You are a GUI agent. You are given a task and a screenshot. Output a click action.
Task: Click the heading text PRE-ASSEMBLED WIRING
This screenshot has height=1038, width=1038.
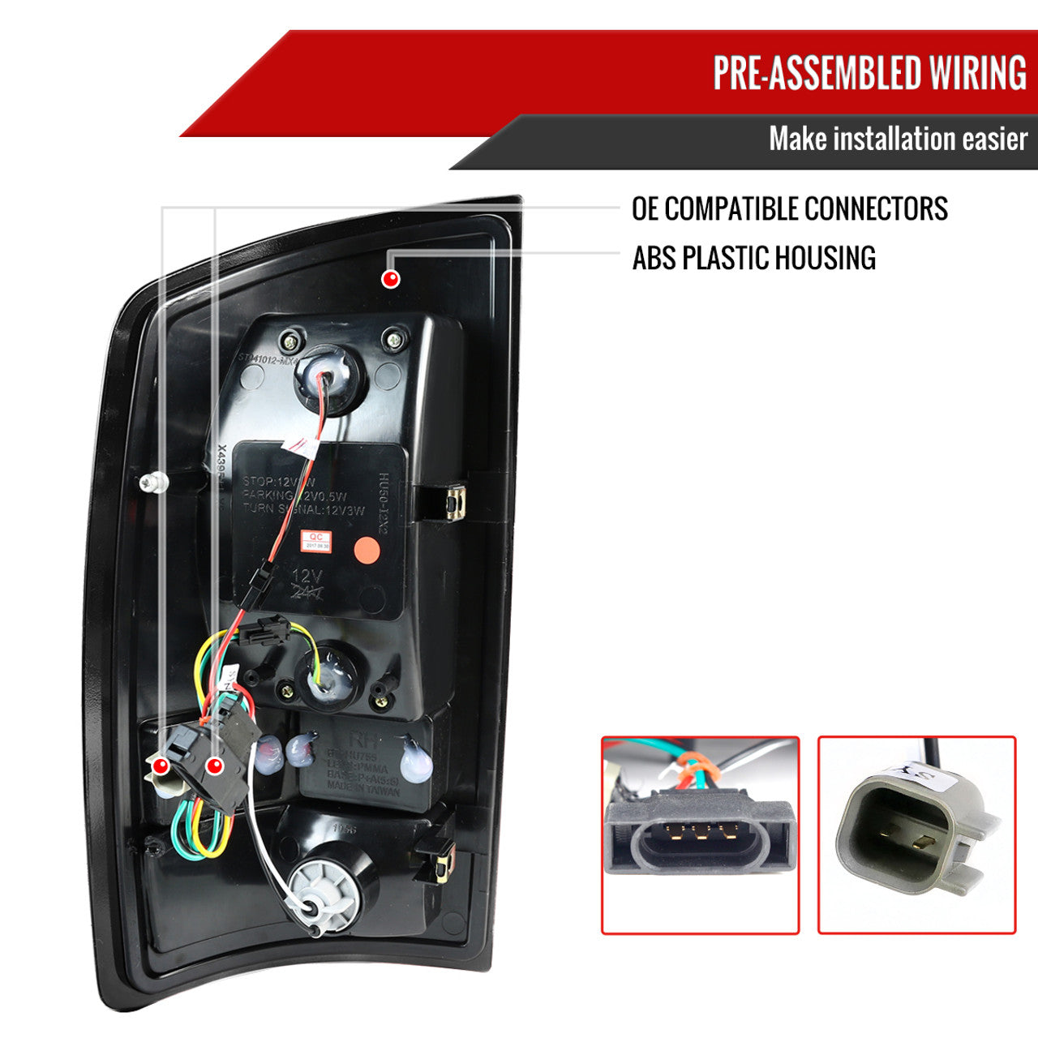pyautogui.click(x=869, y=73)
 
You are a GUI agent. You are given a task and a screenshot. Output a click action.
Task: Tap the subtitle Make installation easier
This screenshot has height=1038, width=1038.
pyautogui.click(x=898, y=139)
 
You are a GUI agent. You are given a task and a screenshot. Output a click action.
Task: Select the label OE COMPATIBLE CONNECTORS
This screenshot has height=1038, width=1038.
pyautogui.click(x=789, y=208)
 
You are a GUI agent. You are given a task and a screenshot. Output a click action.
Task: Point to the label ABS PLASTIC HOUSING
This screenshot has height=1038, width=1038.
pyautogui.click(x=753, y=258)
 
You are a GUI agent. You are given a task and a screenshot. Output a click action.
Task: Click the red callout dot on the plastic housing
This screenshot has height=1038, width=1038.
pyautogui.click(x=391, y=279)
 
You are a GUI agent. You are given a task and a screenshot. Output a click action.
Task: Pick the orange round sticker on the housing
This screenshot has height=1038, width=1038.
pyautogui.click(x=368, y=551)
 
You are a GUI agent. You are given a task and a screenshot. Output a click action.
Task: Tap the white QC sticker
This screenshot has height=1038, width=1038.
pyautogui.click(x=316, y=541)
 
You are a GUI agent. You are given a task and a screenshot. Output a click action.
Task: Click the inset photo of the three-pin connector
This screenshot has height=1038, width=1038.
pyautogui.click(x=700, y=834)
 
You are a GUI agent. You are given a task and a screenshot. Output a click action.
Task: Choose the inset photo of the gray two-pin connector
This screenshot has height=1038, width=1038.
pyautogui.click(x=916, y=834)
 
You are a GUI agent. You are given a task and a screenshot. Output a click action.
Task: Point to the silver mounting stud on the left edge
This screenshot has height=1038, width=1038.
pyautogui.click(x=152, y=483)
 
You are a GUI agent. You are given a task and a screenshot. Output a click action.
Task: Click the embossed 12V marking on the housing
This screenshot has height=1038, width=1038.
pyautogui.click(x=307, y=577)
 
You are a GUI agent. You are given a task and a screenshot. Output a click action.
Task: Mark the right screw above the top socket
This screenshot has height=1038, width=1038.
pyautogui.click(x=395, y=337)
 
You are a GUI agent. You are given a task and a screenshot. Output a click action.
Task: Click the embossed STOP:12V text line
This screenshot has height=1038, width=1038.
pyautogui.click(x=276, y=482)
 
